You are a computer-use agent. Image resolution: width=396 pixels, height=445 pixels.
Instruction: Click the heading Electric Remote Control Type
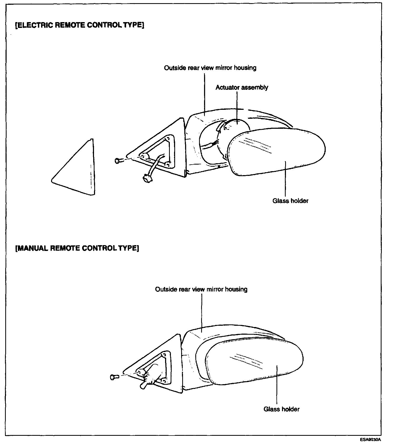80,25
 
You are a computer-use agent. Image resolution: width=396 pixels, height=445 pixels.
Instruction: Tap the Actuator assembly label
242,87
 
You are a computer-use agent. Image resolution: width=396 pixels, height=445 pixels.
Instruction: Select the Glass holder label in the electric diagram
290,201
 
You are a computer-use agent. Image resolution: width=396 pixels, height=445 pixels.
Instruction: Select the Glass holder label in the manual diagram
281,409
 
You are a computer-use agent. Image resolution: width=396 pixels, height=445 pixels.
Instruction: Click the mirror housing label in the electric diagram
210,68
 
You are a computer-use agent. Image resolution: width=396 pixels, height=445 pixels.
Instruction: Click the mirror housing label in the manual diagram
201,289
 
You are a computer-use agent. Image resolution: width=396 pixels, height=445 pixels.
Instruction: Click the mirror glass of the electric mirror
276,153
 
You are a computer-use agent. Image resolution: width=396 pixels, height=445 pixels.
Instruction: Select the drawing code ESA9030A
371,440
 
